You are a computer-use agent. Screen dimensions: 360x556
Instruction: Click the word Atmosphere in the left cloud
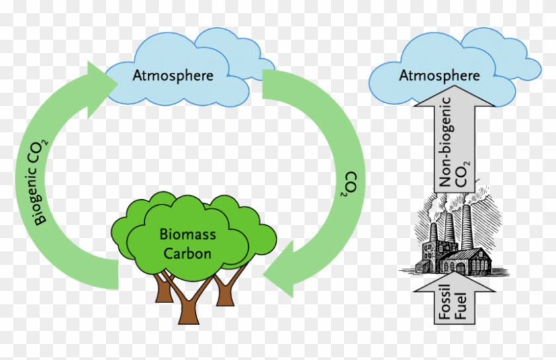coord(173,75)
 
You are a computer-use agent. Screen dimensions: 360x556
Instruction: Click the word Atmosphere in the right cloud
coord(439,75)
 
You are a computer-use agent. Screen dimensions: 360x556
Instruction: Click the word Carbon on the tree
coord(187,253)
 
